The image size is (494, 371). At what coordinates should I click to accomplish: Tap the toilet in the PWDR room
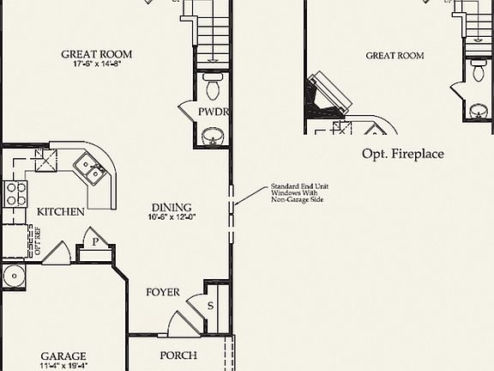(212, 86)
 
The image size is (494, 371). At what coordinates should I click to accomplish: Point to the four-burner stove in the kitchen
(15, 195)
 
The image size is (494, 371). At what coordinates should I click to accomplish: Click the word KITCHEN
(60, 211)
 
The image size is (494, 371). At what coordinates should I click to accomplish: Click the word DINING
(172, 207)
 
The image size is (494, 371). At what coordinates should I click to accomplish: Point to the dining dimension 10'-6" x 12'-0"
(172, 217)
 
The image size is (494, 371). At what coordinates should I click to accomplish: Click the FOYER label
(163, 292)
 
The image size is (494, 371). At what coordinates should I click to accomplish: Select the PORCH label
(178, 356)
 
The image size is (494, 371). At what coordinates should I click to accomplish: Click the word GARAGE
(64, 356)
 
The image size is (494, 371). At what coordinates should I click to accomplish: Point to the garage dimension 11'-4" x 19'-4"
(64, 367)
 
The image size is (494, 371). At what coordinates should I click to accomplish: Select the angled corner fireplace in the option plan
(329, 96)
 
